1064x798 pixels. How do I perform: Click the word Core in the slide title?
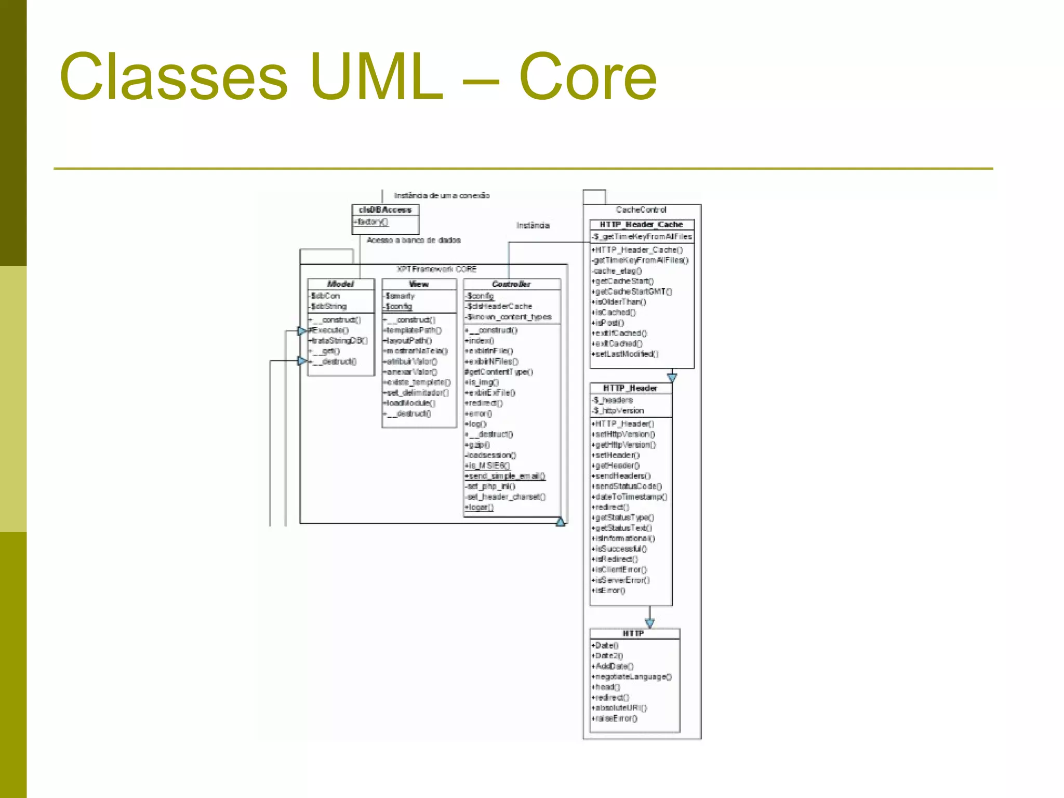coord(588,78)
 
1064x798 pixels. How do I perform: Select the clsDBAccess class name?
coord(385,210)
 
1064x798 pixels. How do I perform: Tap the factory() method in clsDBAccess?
coord(372,222)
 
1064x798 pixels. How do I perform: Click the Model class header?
coord(340,284)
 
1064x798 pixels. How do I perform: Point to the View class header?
coord(419,284)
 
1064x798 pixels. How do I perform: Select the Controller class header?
coord(511,284)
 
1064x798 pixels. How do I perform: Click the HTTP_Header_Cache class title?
coord(641,224)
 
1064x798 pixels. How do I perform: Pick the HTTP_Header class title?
coord(630,388)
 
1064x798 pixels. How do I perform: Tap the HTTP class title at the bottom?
coord(633,633)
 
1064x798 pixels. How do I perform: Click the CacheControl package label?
coord(641,210)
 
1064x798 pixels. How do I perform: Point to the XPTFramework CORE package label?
coord(436,269)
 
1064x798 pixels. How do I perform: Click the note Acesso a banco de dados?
coord(414,240)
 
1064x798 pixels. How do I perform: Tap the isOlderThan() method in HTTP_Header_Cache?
coord(620,302)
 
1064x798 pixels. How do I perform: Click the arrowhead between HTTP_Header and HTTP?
coord(649,622)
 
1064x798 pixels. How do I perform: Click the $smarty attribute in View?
coord(400,296)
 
